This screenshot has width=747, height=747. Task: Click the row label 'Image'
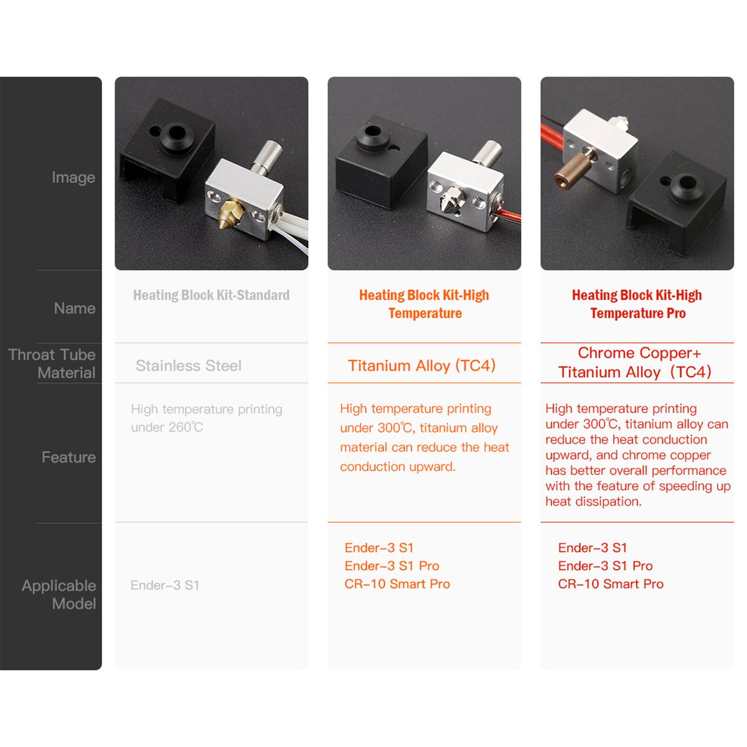(73, 177)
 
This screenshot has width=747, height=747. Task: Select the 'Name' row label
(75, 308)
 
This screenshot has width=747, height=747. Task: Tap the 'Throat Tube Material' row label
(52, 364)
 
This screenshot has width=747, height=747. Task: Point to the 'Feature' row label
(68, 458)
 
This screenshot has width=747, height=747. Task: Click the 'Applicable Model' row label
(59, 594)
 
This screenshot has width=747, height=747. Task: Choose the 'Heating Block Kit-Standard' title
(211, 296)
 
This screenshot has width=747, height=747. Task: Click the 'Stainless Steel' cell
(189, 365)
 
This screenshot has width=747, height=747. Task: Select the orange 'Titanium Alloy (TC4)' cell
(422, 365)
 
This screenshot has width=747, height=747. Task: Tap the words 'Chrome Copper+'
(639, 353)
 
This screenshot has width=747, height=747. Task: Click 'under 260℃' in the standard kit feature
(167, 427)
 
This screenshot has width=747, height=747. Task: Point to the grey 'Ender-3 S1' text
(165, 585)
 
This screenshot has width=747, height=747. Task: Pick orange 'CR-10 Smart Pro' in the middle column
(397, 584)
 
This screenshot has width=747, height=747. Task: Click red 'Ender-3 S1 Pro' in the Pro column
(605, 566)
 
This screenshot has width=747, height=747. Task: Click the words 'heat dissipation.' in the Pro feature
(593, 502)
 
